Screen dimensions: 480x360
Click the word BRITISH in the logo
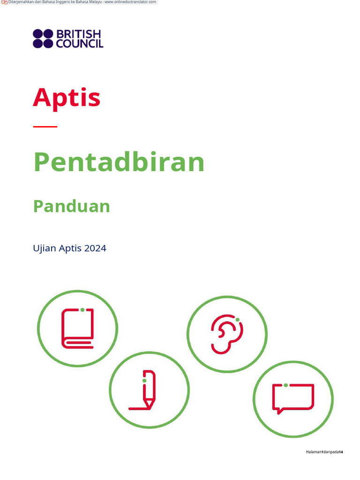(79, 34)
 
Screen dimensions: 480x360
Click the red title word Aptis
(67, 97)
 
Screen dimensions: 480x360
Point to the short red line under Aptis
(45, 127)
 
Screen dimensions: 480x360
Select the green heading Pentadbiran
(119, 162)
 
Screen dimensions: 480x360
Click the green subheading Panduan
(71, 206)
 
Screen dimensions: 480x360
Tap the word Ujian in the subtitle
(45, 248)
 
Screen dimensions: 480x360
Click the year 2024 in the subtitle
(95, 248)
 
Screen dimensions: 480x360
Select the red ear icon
(226, 334)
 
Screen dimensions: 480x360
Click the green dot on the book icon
(82, 310)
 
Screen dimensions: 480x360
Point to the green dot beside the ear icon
(238, 320)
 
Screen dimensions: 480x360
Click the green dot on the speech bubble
(285, 385)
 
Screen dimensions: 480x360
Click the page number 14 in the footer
(341, 452)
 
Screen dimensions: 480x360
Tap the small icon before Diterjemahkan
(5, 2)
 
